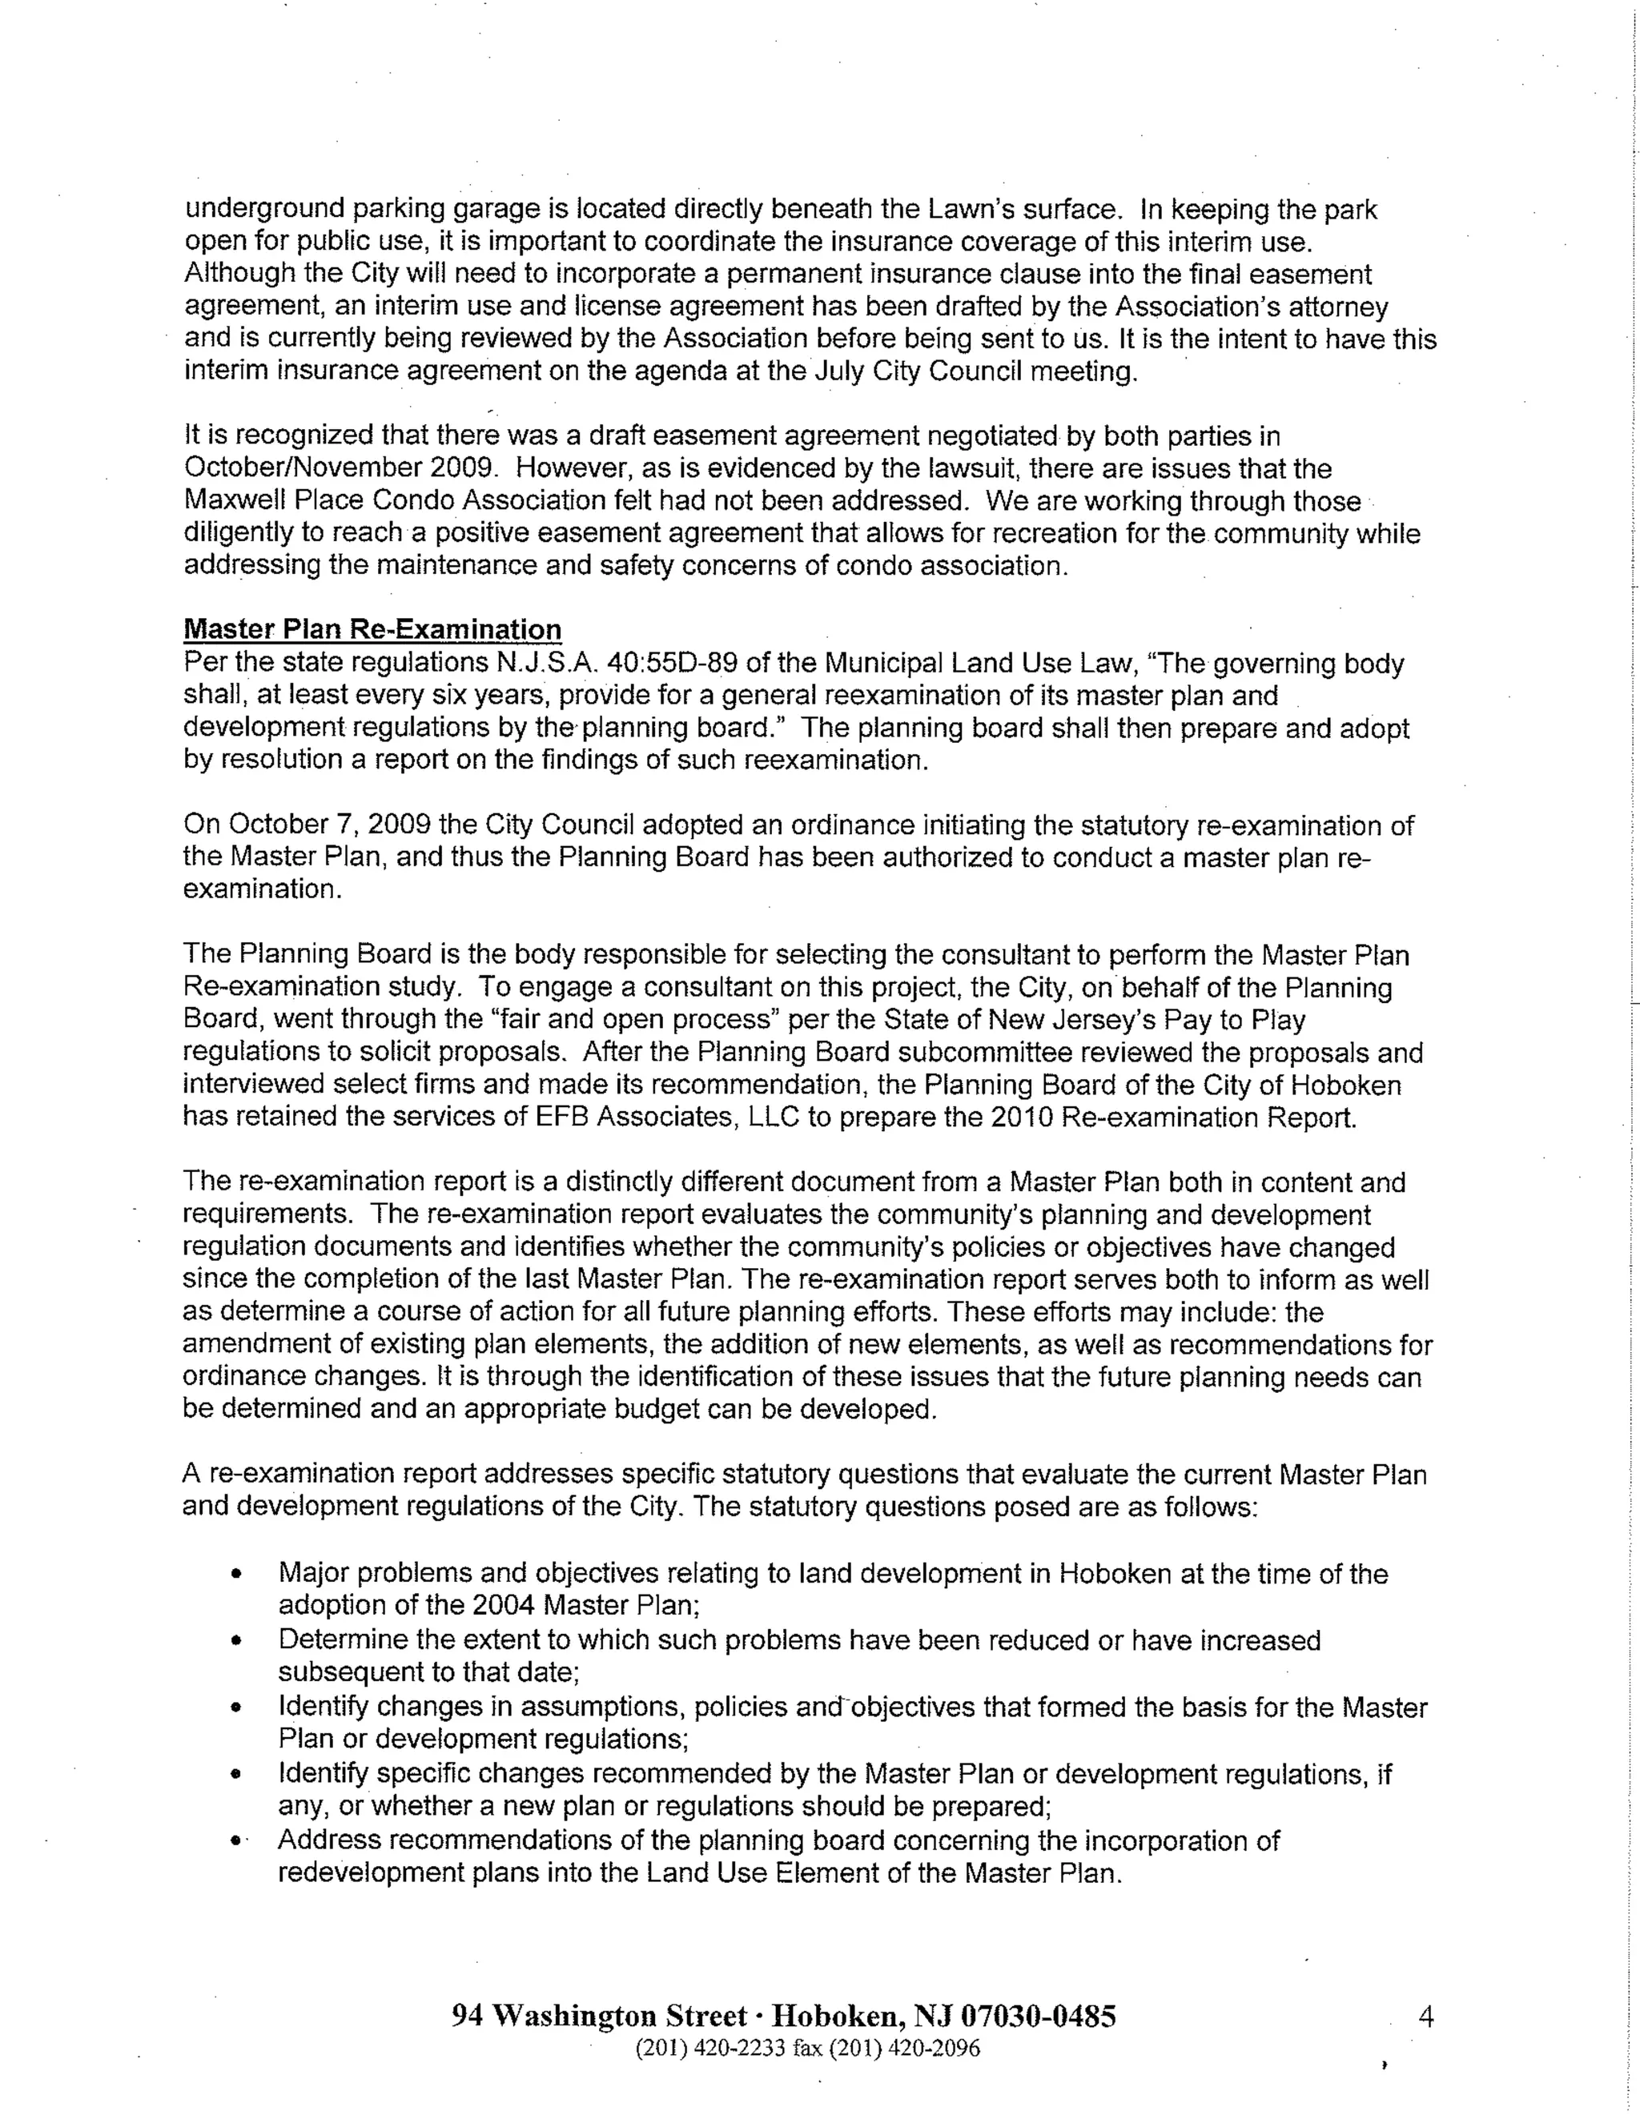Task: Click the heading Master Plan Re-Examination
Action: pos(372,630)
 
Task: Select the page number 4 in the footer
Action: pos(1425,2017)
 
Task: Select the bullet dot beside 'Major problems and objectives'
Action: pos(235,1575)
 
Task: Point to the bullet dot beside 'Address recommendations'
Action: pos(235,1840)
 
